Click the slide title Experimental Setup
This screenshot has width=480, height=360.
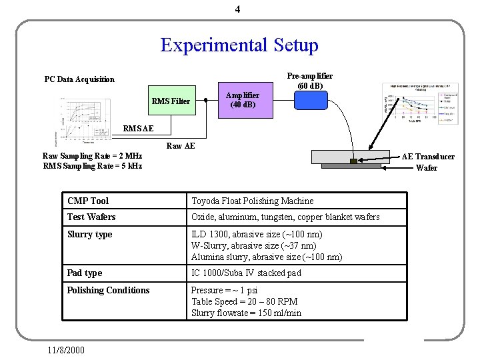[239, 45]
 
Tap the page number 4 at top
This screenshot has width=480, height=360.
[237, 9]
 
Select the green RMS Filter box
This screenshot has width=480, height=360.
[171, 101]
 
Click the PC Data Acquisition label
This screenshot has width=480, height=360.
[79, 79]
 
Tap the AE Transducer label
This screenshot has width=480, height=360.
[428, 157]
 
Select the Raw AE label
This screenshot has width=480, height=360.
[181, 146]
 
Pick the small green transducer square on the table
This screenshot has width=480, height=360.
[354, 161]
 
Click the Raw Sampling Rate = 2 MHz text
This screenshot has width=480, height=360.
[92, 156]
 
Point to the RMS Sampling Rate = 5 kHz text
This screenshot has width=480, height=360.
[92, 166]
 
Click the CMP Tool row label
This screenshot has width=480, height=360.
[88, 201]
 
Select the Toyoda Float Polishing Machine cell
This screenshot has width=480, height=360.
[252, 201]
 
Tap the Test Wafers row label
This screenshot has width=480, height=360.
[91, 217]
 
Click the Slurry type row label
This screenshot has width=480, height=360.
[89, 234]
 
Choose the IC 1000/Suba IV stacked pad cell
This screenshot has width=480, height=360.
[246, 273]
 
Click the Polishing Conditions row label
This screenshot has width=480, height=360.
[108, 290]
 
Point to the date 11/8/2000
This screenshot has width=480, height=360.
[67, 349]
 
